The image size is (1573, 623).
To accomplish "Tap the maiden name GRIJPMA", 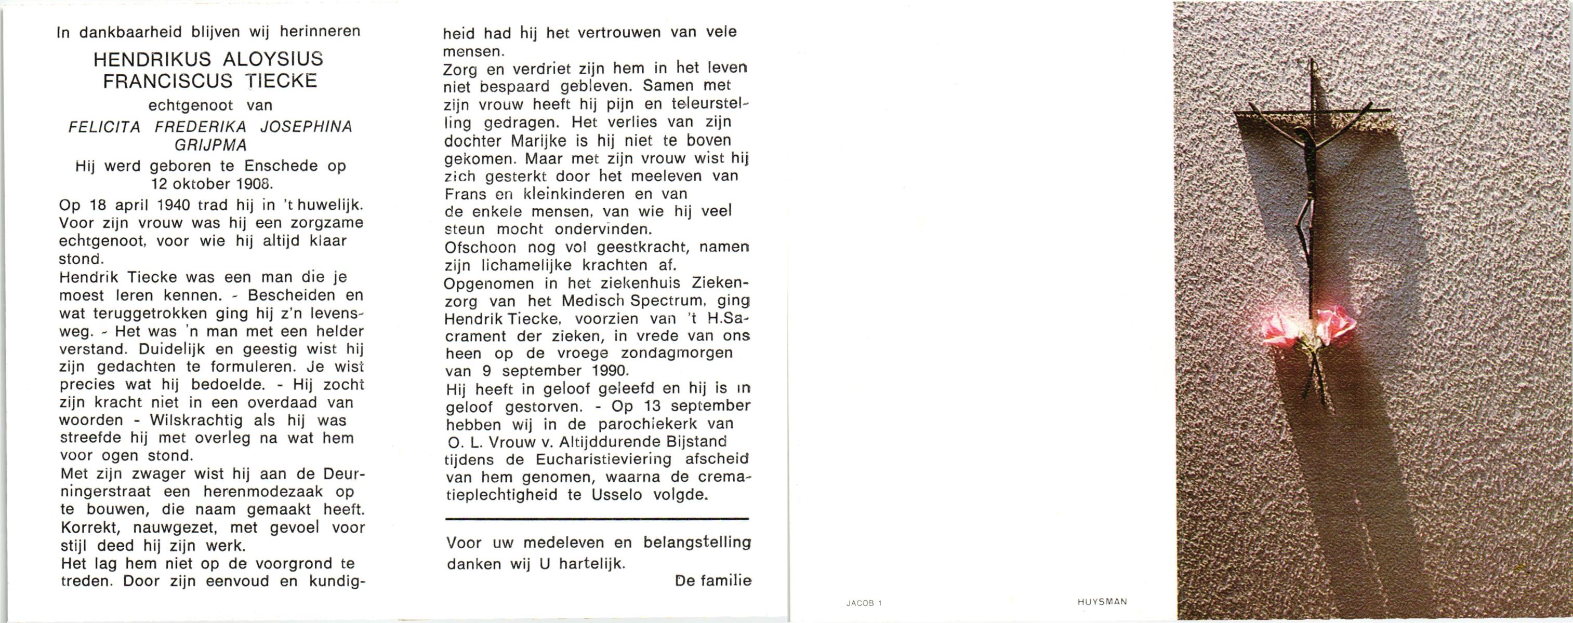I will pos(210,145).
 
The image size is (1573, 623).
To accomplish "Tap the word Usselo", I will pos(617,495).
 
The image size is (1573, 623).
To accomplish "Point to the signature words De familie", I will pos(712,580).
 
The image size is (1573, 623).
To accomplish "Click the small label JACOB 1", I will pos(864,603).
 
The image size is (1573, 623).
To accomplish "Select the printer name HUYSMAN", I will pos(1102,602).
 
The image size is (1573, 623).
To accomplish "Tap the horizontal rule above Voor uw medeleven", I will pos(597,519).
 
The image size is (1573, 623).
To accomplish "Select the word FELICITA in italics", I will pos(104,127).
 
